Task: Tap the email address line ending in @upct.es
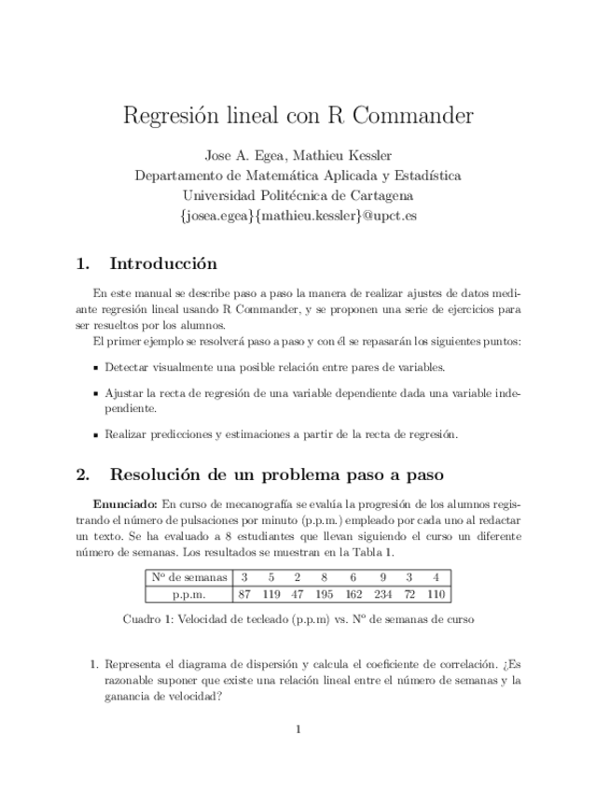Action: click(298, 215)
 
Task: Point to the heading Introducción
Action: click(163, 263)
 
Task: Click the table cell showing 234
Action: click(382, 593)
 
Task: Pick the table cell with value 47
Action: click(297, 593)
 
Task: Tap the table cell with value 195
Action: click(324, 593)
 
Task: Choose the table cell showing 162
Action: click(353, 593)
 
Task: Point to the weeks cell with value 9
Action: click(382, 577)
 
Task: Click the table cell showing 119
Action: click(271, 593)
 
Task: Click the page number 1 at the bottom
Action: click(298, 729)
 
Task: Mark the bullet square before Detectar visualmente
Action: click(96, 368)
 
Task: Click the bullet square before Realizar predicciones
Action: click(96, 435)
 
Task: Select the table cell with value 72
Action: click(410, 593)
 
